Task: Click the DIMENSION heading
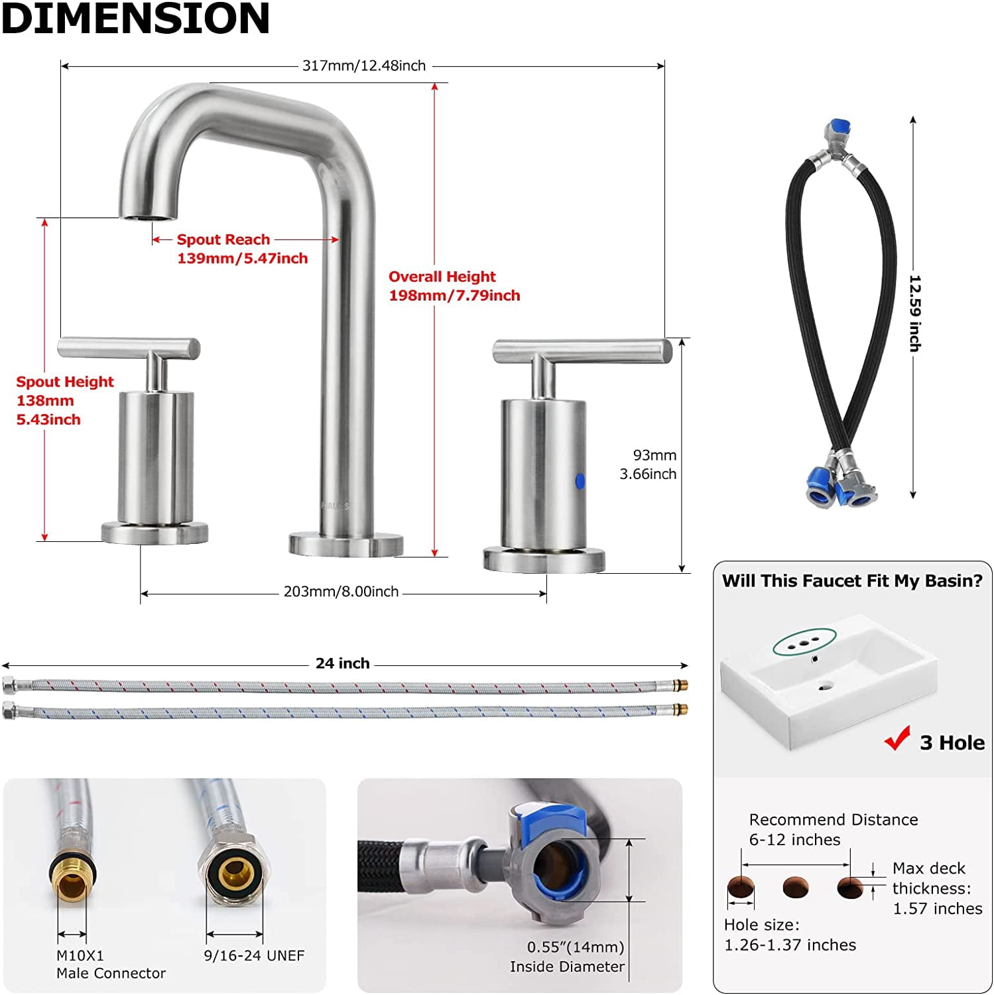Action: pos(136,18)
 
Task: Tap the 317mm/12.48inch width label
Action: pos(364,66)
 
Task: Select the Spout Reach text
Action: pos(223,239)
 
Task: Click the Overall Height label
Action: pos(442,277)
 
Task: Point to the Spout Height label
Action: pos(65,381)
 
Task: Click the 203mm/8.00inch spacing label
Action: pos(342,592)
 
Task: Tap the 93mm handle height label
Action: pos(654,455)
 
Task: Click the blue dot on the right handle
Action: pos(580,481)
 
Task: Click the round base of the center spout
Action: pos(346,543)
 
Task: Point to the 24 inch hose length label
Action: pos(343,663)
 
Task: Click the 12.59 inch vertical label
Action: pos(916,313)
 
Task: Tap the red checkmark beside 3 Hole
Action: pos(897,738)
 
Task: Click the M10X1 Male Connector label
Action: pos(111,964)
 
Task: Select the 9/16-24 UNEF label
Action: pos(254,956)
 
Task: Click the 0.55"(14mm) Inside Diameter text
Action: pos(568,957)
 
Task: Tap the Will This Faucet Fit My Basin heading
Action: pos(852,581)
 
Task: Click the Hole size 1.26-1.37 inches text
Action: pos(790,935)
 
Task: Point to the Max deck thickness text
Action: pos(938,888)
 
